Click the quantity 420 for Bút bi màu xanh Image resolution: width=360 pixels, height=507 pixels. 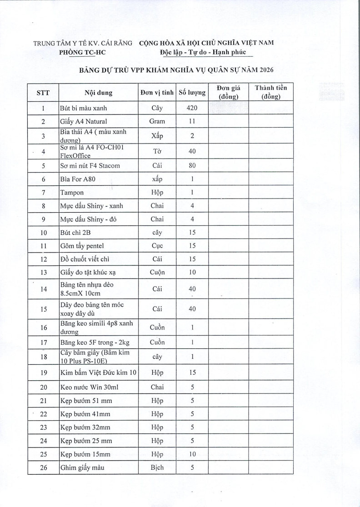192,109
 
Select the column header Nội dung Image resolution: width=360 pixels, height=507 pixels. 98,93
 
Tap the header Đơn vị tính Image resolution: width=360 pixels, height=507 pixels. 157,93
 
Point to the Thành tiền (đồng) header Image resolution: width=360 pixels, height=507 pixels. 271,92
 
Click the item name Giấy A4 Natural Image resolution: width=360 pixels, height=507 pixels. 84,122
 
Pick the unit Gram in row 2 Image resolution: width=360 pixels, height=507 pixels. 157,122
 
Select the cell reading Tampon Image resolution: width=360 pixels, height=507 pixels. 72,193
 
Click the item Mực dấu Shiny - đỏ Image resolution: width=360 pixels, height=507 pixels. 88,219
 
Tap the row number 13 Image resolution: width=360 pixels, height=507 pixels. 44,273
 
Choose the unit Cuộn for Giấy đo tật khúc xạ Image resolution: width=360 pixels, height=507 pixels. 157,273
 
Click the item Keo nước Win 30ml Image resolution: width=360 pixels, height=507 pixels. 86,388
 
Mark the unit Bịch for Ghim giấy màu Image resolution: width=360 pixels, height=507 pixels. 157,467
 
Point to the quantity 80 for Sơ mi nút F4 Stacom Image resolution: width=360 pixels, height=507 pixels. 192,166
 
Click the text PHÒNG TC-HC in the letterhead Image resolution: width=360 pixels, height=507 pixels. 82,53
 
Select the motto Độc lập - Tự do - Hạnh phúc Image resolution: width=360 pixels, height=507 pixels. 203,53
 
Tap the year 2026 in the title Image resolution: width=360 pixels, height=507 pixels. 265,70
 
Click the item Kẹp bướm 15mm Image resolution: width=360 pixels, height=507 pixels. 85,454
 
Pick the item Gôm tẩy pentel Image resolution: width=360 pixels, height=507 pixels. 82,246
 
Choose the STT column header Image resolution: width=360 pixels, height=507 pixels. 43,93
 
